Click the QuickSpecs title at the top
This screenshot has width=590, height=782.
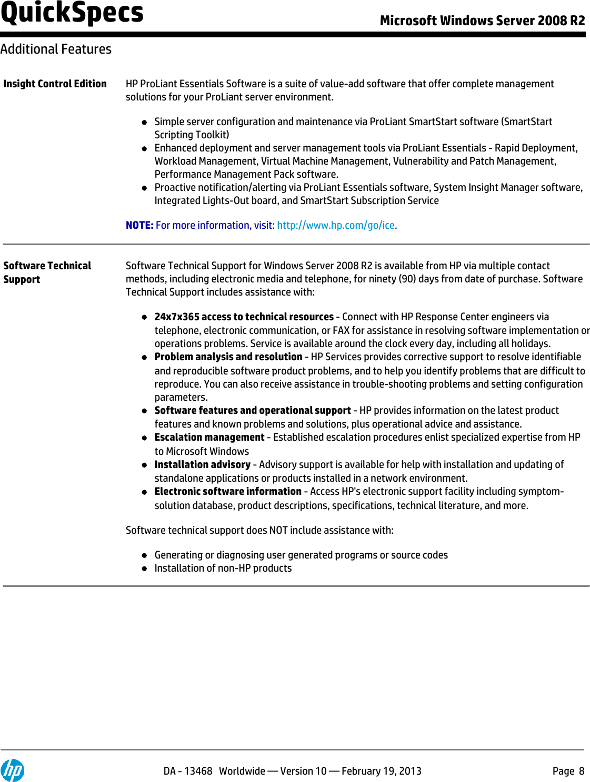click(72, 13)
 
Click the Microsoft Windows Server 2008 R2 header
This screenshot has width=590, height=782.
click(482, 21)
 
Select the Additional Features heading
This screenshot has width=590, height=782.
click(56, 49)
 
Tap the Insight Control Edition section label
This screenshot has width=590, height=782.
click(55, 84)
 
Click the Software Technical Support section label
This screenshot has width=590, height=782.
click(47, 272)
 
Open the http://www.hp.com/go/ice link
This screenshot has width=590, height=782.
click(336, 225)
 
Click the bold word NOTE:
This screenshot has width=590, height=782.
click(139, 225)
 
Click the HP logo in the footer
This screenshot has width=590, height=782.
click(12, 770)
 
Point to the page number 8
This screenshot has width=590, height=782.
click(582, 771)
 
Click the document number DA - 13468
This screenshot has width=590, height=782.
click(187, 771)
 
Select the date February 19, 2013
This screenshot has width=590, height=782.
click(381, 771)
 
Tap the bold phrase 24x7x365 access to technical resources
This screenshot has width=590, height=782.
click(244, 317)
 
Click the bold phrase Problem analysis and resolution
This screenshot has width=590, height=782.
click(228, 357)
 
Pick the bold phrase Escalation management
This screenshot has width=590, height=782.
click(209, 437)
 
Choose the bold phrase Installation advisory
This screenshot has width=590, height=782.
click(202, 464)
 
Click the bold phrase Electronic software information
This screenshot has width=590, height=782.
click(227, 491)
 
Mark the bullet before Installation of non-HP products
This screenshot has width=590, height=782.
click(144, 568)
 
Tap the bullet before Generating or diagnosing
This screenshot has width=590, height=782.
click(144, 555)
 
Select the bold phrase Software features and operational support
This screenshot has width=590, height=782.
click(252, 410)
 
